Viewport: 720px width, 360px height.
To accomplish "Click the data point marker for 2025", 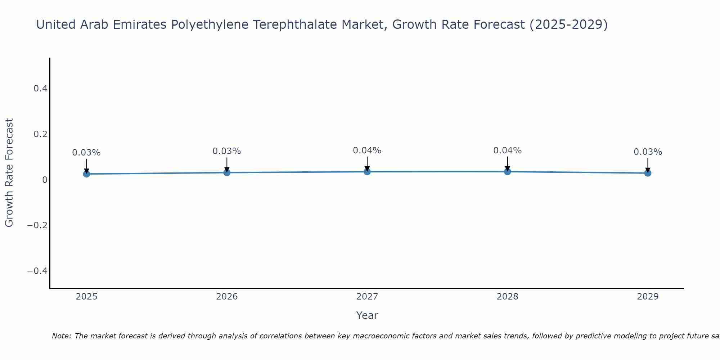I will click(86, 174).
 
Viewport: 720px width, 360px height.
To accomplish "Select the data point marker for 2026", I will click(227, 172).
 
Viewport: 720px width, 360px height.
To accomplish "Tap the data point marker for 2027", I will click(367, 172).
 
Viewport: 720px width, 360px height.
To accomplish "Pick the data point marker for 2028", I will click(507, 171).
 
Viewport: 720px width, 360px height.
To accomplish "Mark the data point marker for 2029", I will click(648, 173).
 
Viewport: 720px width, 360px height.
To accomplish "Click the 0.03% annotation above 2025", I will click(86, 153).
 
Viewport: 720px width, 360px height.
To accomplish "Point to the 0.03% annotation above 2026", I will click(227, 151).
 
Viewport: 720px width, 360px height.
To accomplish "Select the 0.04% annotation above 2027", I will click(367, 150).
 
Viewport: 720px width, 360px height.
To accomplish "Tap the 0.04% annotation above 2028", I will click(507, 150).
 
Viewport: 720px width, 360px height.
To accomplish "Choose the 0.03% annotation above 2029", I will click(648, 152).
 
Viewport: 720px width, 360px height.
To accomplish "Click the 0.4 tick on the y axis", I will click(41, 89).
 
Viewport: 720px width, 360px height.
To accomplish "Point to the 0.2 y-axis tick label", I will click(41, 134).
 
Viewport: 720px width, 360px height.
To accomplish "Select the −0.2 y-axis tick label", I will click(37, 225).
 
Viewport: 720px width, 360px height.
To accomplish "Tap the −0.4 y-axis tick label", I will click(37, 271).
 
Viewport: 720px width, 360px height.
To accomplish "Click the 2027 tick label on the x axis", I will click(367, 297).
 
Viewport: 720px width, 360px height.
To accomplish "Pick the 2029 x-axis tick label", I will click(648, 297).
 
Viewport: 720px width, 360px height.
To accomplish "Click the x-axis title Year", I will click(367, 315).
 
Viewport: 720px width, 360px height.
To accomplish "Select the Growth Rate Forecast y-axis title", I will click(9, 173).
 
